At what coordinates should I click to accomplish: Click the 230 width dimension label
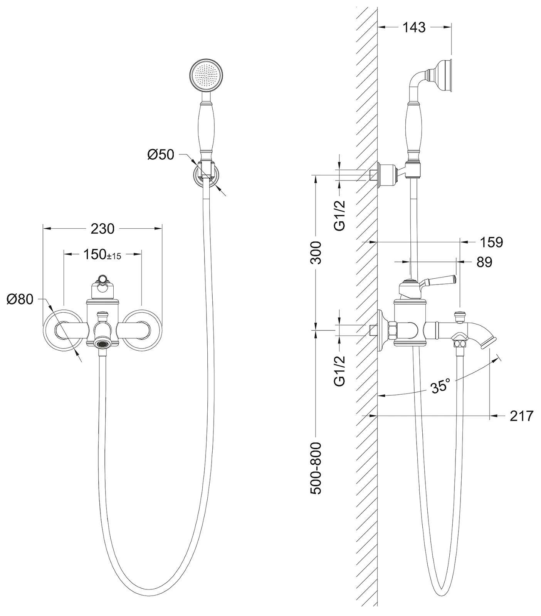coord(102,229)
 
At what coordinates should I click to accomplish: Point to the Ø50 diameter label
coord(161,155)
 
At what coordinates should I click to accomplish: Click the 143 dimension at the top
coord(414,27)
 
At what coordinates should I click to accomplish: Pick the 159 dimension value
coord(491,242)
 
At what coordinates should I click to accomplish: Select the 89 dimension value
coord(484,262)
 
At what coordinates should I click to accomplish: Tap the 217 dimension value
coord(521,416)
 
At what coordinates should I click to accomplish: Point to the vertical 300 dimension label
coord(316,252)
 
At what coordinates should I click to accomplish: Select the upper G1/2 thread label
coord(339,216)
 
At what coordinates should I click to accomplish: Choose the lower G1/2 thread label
coord(339,371)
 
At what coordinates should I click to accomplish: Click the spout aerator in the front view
coord(102,343)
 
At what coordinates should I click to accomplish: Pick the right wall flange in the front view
coord(143,330)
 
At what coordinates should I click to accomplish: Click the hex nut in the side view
coord(392,330)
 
